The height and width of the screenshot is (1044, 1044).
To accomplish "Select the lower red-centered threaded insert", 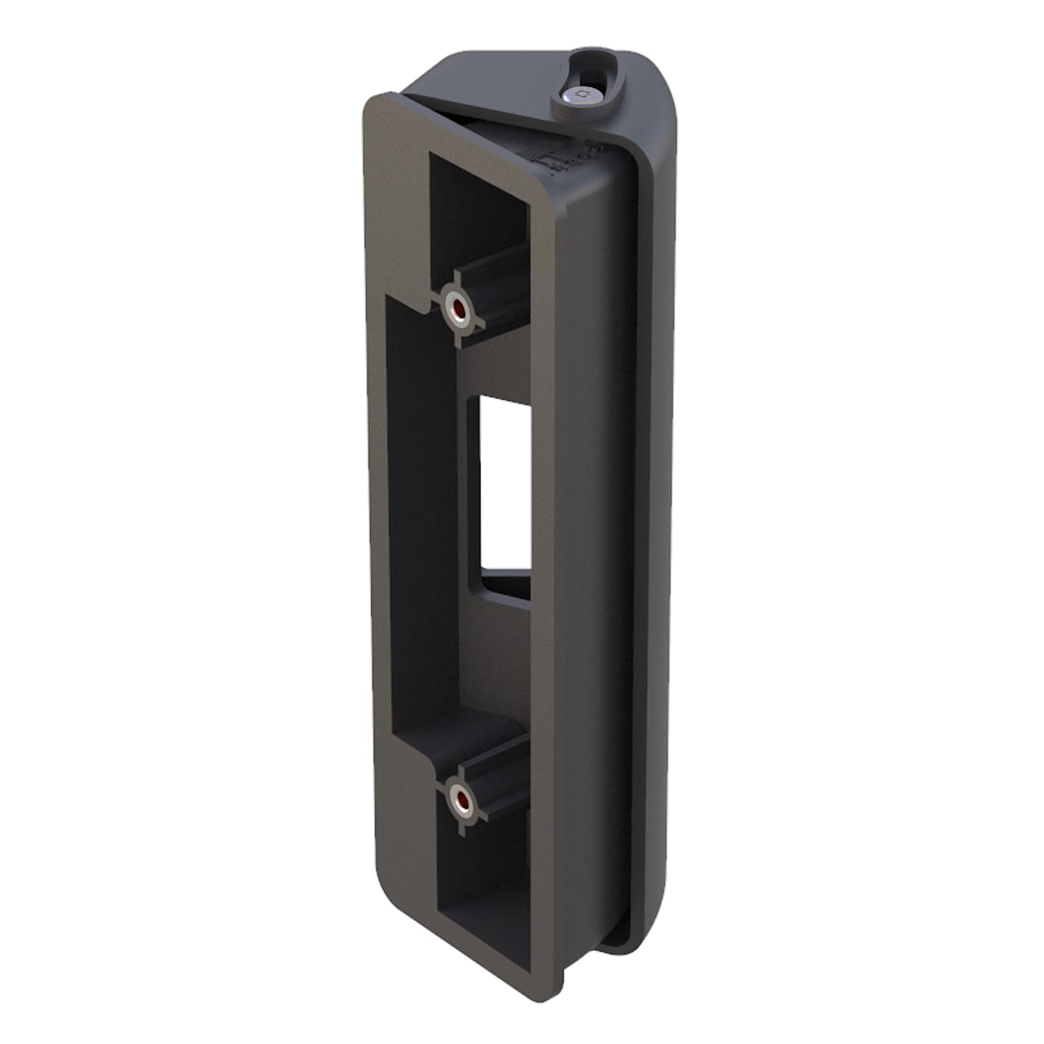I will pyautogui.click(x=460, y=799).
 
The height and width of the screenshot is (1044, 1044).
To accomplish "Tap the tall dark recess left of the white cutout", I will pyautogui.click(x=418, y=509).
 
